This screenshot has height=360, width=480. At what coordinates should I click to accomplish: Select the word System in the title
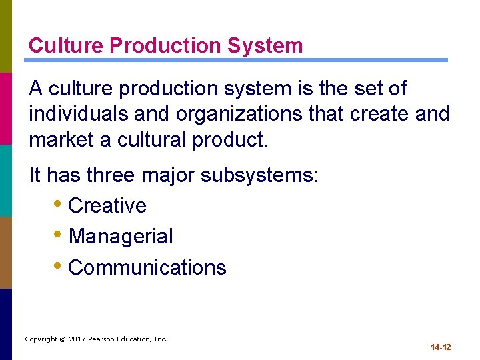[x=265, y=46]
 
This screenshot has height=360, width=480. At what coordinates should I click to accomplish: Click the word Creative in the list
[x=107, y=206]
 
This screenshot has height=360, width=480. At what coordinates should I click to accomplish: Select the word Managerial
[x=121, y=237]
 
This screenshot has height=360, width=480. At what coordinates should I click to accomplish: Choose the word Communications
[x=147, y=268]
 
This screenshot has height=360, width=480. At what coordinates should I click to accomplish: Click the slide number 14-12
[x=441, y=347]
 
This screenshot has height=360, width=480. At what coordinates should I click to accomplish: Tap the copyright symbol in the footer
[x=62, y=339]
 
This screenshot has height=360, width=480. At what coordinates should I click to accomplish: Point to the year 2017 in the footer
[x=77, y=339]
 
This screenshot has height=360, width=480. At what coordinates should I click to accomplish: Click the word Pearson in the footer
[x=103, y=339]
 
